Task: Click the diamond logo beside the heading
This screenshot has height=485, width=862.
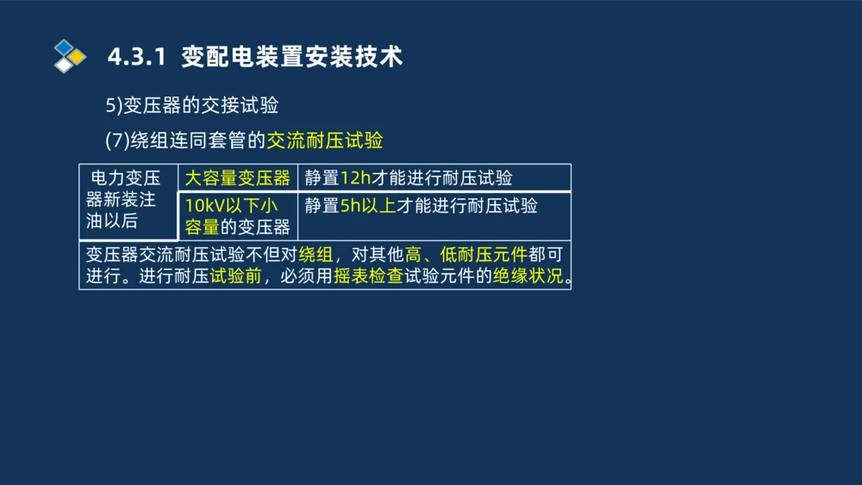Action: [70, 56]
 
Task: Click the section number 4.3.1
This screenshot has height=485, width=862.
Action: [136, 57]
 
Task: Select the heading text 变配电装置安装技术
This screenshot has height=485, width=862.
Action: [292, 57]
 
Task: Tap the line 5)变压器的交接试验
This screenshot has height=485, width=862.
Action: [191, 106]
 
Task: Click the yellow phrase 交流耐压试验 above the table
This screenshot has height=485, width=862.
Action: [325, 140]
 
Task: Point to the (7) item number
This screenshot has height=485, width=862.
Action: [116, 140]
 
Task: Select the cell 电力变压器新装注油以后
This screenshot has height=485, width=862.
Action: [126, 201]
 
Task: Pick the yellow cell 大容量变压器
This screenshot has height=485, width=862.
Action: [238, 178]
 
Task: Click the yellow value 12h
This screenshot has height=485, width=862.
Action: [355, 178]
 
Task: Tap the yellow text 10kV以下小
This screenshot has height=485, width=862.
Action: [231, 206]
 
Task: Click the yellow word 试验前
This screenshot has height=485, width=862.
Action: [235, 277]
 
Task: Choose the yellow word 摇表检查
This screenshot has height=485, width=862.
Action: [369, 277]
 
